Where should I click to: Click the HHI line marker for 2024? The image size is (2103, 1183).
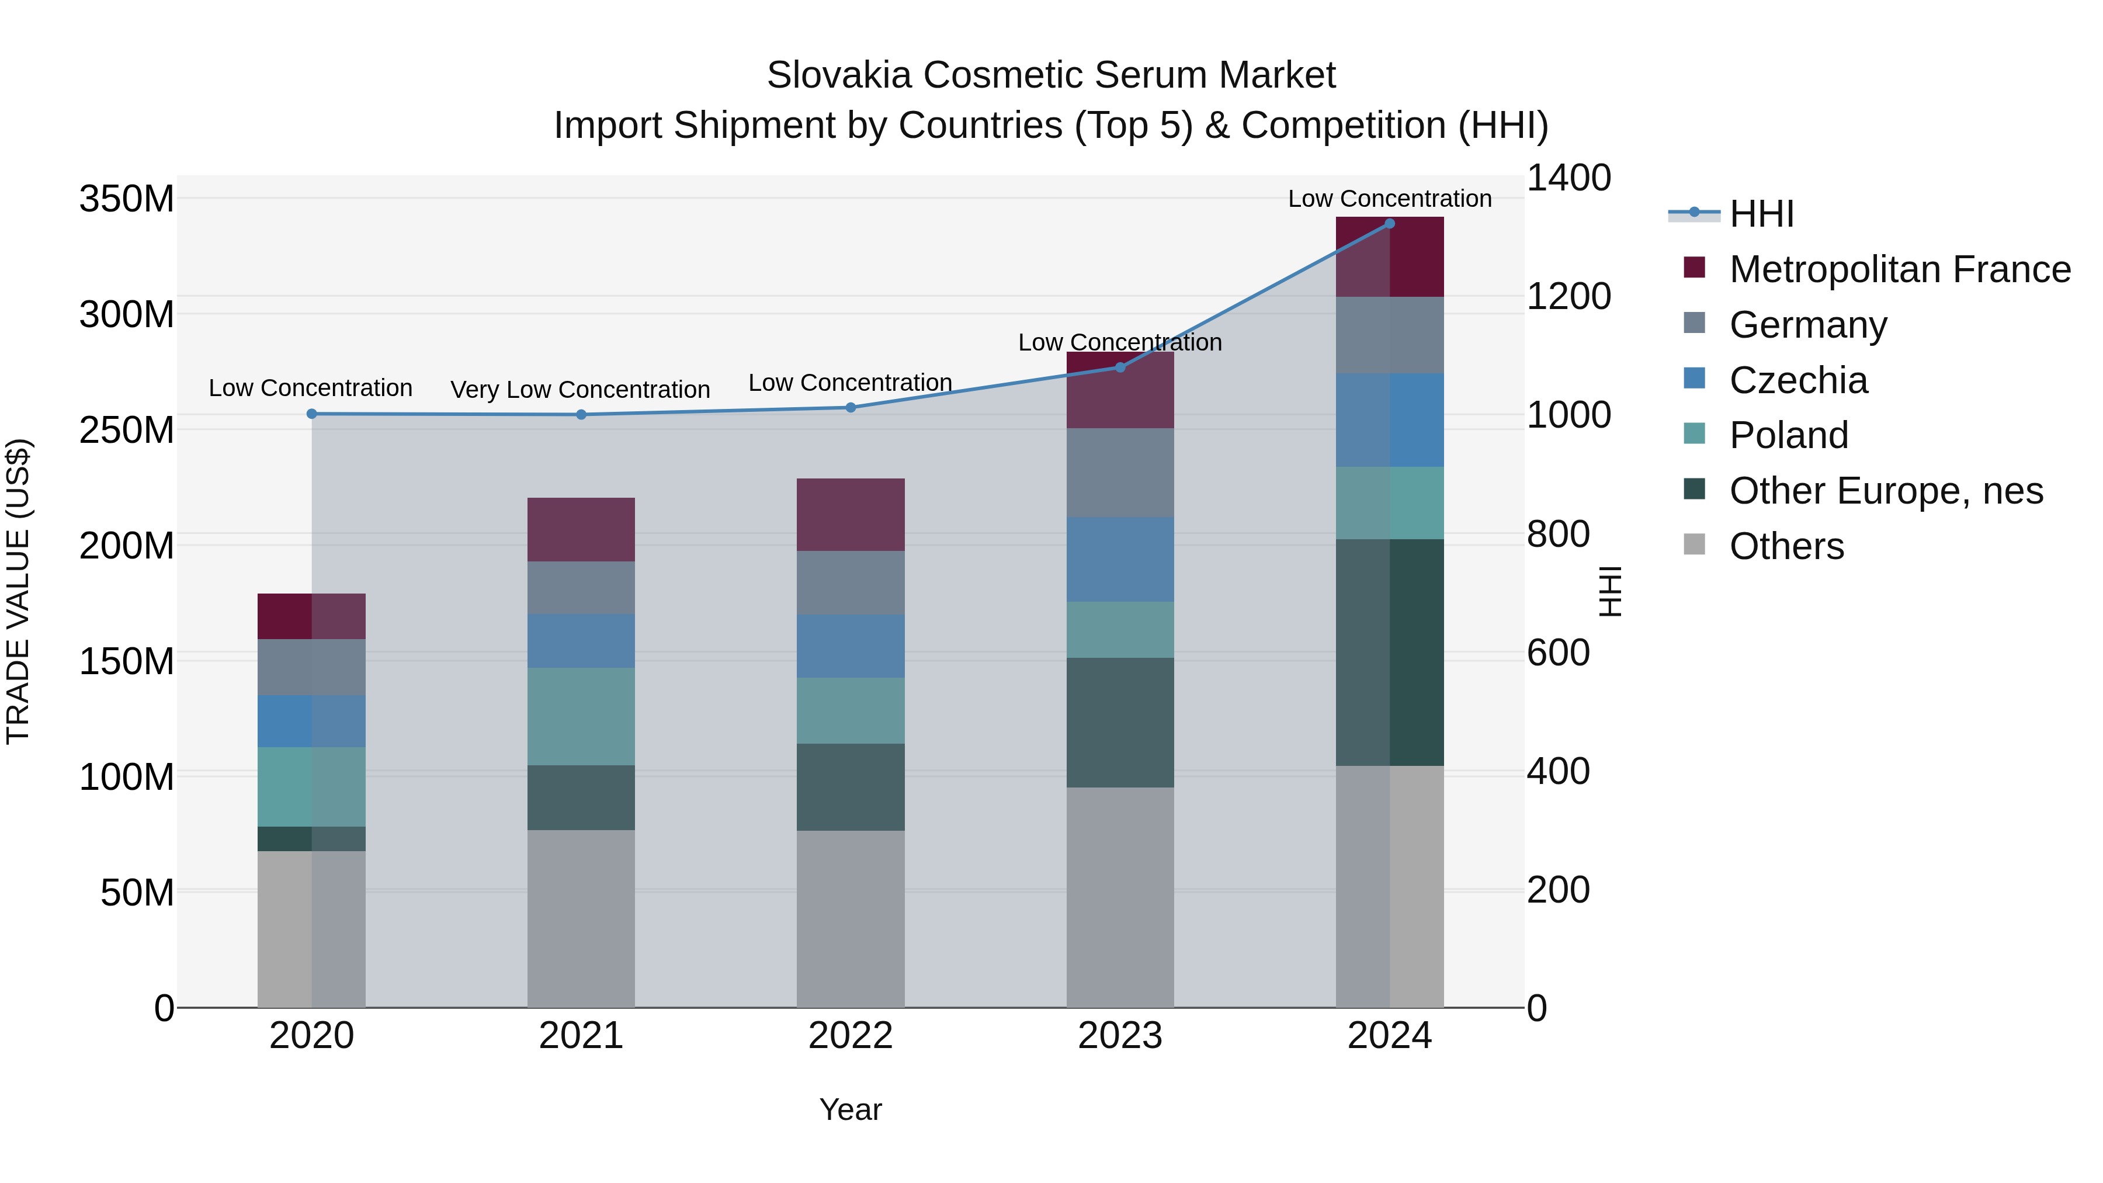[1390, 224]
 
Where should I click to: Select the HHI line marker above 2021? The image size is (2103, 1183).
[581, 415]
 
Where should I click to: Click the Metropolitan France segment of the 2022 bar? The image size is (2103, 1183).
[851, 514]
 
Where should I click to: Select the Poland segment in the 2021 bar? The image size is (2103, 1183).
[581, 716]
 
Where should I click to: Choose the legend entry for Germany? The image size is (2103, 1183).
[1807, 325]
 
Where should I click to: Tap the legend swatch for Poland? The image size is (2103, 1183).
[1694, 434]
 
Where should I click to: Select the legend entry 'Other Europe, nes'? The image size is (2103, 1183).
[1886, 491]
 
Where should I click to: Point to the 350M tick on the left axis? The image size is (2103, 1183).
[127, 199]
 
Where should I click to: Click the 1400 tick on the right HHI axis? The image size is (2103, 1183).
[1568, 178]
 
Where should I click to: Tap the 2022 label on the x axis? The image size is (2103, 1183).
[851, 1036]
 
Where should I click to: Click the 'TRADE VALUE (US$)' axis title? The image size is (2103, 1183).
[18, 591]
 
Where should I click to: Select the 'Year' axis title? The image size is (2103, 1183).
[851, 1109]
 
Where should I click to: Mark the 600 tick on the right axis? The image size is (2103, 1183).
[1557, 653]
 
